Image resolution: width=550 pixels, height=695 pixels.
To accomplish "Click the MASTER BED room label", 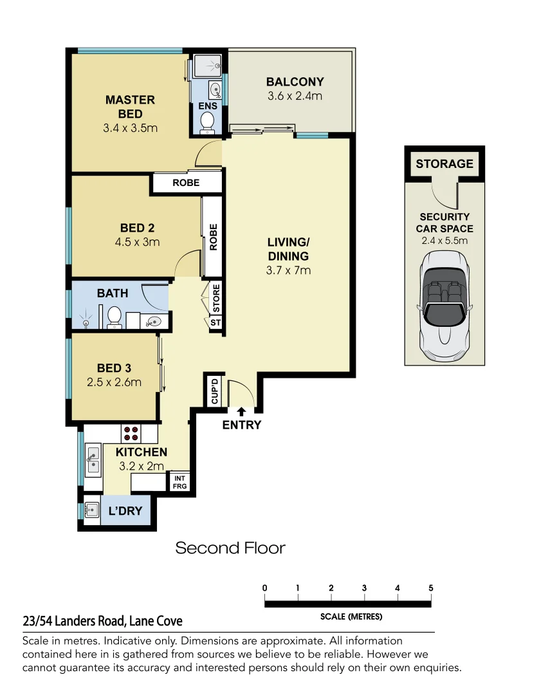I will (130, 107).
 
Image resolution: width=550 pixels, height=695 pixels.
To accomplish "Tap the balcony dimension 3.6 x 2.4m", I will (295, 97).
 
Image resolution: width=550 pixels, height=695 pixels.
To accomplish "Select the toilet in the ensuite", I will (208, 122).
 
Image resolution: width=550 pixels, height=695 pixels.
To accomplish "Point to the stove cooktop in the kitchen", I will (131, 432).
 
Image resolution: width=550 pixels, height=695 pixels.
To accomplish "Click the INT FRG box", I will (179, 481).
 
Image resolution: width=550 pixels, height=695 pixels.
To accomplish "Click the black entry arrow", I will (241, 410).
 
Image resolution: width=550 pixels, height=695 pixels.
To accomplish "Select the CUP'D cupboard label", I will (215, 391).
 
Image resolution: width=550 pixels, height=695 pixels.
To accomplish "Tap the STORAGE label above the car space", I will (444, 163).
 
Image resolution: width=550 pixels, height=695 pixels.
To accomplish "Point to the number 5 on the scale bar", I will (430, 588).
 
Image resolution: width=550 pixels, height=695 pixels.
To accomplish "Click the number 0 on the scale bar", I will (265, 588).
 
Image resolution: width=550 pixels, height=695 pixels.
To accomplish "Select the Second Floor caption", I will (230, 548).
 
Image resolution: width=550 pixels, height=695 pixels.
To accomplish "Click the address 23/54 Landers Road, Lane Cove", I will (102, 621).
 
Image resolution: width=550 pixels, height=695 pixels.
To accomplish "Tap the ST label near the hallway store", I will (215, 322).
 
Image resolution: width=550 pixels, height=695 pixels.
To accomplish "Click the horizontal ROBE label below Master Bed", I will (186, 183).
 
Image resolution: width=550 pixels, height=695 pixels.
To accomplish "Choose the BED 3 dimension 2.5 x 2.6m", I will (114, 382).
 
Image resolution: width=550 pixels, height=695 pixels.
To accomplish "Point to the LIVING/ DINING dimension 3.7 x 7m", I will (288, 270).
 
